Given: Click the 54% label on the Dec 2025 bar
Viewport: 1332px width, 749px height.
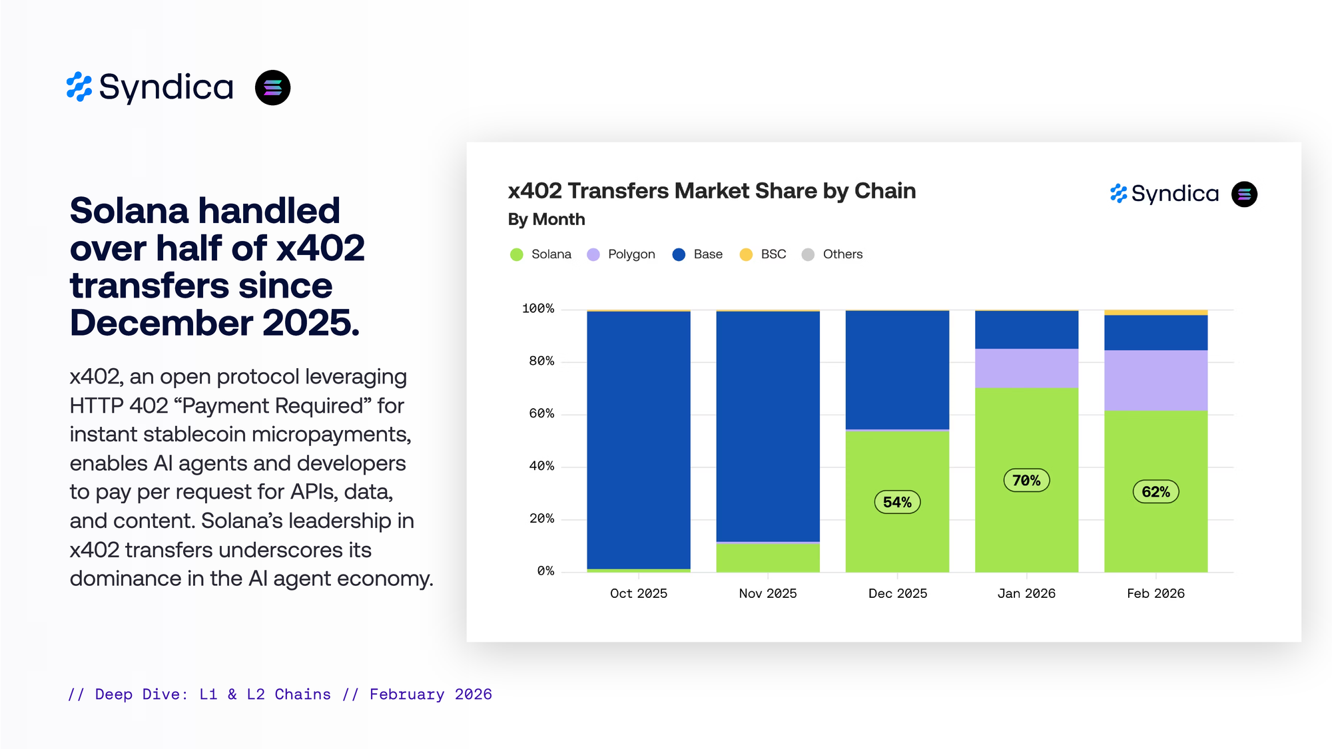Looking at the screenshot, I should coord(897,502).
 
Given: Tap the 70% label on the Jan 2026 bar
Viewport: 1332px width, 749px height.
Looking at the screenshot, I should coord(1026,480).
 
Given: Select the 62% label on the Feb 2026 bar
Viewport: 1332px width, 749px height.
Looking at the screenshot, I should coord(1156,492).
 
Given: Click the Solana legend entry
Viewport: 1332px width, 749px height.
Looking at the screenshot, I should coord(541,254).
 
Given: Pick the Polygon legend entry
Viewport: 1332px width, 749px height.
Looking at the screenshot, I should coord(621,254).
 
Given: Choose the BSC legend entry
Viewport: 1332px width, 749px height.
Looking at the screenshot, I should coord(763,254).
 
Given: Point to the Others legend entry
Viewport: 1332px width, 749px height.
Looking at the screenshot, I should coord(832,254).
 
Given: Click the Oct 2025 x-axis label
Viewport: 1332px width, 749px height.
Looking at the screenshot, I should coord(638,593).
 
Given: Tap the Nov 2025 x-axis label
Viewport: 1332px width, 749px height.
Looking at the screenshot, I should coord(767,593).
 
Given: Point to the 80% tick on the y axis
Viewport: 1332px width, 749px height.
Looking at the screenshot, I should coord(541,361).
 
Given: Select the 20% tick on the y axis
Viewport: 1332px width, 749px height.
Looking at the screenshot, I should coord(541,519).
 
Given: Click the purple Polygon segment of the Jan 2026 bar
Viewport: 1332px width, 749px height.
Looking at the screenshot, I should coord(1026,368).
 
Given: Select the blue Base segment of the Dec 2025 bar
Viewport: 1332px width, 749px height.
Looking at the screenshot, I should coord(897,370).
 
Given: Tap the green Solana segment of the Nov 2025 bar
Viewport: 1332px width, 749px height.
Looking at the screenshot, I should coord(767,558).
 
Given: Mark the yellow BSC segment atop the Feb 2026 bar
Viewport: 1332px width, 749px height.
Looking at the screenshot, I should coord(1156,312).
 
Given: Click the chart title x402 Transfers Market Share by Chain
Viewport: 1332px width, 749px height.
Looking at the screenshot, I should coord(711,191).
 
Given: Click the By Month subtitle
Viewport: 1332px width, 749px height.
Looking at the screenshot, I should coord(546,219).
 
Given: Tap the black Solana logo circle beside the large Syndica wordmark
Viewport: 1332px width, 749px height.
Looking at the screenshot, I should coord(272,87).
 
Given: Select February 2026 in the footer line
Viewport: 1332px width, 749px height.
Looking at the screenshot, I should coord(430,694).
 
